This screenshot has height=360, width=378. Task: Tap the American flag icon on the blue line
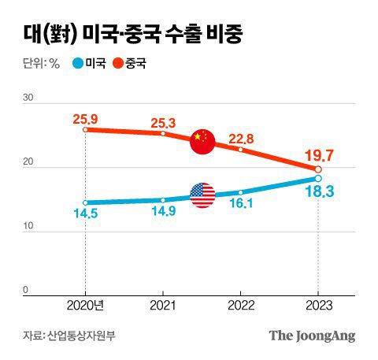point(202,195)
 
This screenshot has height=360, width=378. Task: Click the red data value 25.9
point(84,119)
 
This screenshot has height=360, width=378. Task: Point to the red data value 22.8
point(240,139)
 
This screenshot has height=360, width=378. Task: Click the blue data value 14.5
point(84,213)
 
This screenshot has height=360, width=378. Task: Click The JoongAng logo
point(312,336)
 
